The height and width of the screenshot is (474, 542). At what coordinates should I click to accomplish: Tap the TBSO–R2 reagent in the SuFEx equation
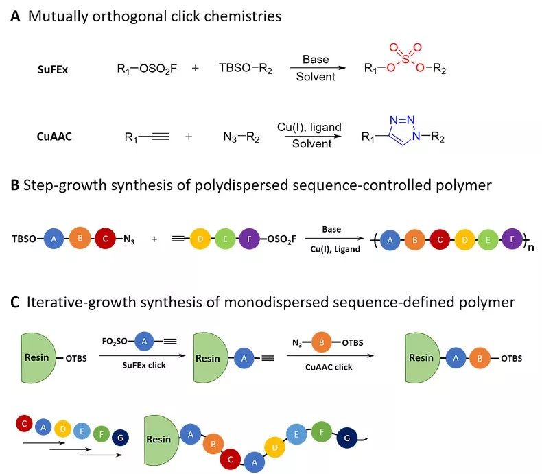(x=244, y=69)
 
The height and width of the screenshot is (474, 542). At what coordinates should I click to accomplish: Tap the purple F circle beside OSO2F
(x=264, y=239)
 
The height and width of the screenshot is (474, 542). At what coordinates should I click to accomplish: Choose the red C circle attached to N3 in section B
(x=104, y=239)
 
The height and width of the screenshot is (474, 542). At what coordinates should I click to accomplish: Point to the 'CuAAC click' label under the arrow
(x=329, y=367)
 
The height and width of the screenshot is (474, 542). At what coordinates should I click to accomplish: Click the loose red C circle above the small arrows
(x=24, y=423)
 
